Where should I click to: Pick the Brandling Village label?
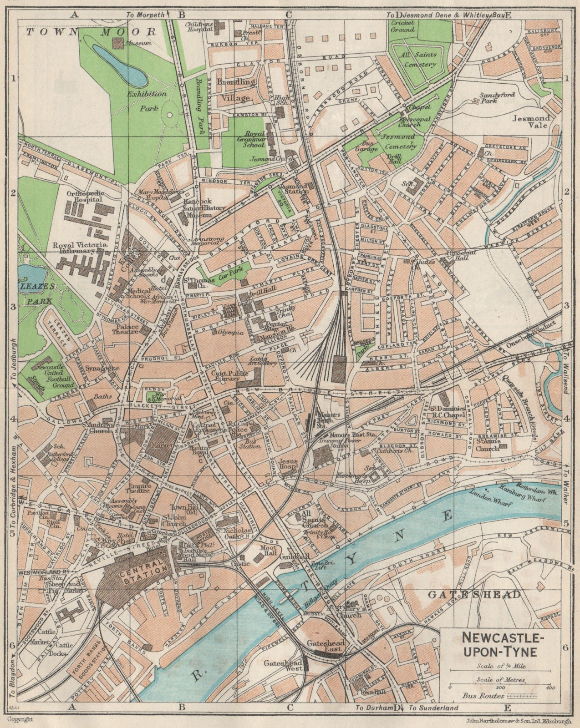tap(235, 90)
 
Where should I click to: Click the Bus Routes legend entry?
tap(483, 696)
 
